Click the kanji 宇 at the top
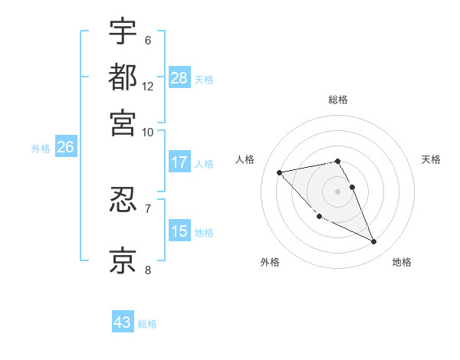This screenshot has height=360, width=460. tap(123, 32)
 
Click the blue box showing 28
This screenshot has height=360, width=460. tap(179, 77)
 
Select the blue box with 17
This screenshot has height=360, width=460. tap(179, 162)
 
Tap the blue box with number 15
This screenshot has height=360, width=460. tap(179, 231)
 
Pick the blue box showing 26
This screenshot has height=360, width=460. tap(65, 148)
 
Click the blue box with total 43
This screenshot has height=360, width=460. tap(123, 322)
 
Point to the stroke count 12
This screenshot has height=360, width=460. tap(148, 87)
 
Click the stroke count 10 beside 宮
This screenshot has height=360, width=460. tap(148, 132)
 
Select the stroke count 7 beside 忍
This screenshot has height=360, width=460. tap(147, 208)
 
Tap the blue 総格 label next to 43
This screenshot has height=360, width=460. tap(147, 324)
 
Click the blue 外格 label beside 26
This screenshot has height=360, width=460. tap(40, 149)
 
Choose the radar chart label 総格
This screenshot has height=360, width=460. tap(338, 100)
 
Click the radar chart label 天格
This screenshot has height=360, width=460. tap(432, 159)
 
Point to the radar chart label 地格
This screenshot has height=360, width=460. tap(402, 263)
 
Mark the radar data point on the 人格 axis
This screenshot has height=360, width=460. tap(280, 172)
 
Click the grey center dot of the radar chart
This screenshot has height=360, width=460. tap(338, 190)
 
